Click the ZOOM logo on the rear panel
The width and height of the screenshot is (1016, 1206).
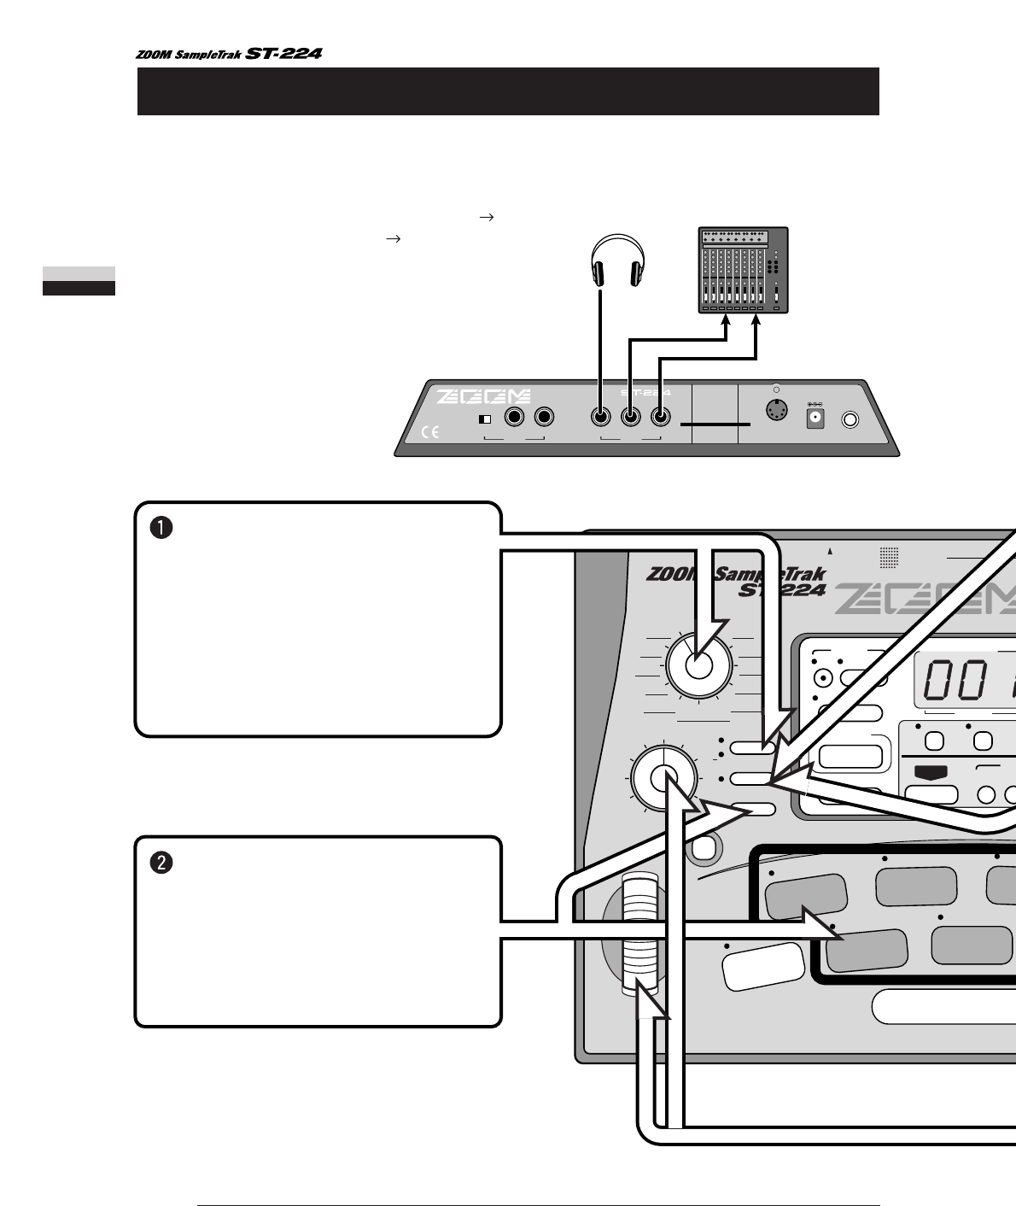click(x=484, y=397)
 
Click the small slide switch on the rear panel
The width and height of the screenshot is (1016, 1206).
click(x=485, y=419)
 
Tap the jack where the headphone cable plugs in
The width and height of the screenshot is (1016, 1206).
click(x=601, y=418)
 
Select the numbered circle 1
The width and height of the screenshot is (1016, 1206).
click(x=162, y=528)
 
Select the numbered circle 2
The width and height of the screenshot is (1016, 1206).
click(x=162, y=863)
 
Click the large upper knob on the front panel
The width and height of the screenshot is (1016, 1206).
click(x=698, y=666)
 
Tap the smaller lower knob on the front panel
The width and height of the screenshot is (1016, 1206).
click(x=663, y=777)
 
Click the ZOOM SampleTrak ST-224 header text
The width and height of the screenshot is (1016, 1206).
click(x=228, y=54)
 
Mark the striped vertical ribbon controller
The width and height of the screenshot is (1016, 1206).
click(x=638, y=933)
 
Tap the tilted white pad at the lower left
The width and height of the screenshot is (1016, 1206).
click(x=763, y=965)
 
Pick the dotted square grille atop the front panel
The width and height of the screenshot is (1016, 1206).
click(x=890, y=558)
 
